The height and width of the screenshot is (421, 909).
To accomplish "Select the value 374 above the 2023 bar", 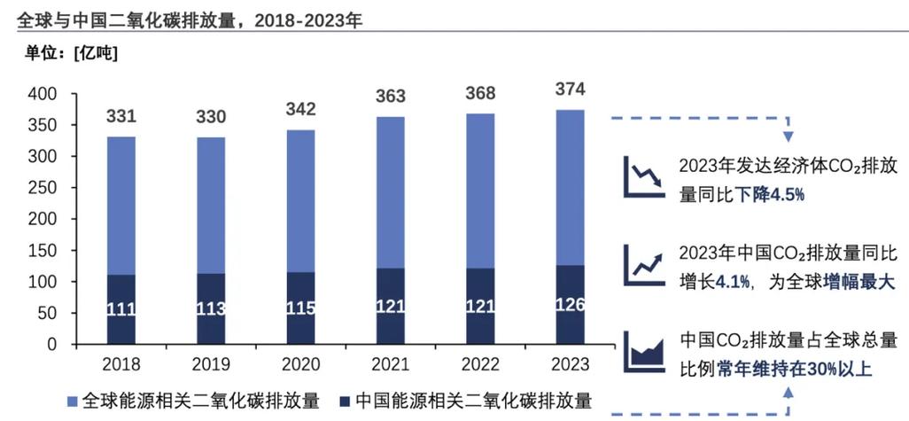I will tap(571, 90).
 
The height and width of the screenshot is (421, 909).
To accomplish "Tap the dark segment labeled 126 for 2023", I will tap(571, 305).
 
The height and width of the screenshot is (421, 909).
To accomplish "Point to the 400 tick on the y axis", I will tap(42, 94).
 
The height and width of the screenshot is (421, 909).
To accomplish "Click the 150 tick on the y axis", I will tap(42, 251).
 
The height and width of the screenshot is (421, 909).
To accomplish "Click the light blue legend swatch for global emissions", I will tap(74, 400).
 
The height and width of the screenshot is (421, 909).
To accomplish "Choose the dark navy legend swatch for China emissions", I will tap(345, 400).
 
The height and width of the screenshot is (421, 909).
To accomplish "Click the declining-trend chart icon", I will tap(643, 174).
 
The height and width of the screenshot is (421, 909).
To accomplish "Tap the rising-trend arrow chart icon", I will tap(643, 261).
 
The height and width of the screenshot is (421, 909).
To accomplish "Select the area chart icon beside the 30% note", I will tap(643, 352).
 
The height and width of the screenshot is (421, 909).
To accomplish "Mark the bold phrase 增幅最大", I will tap(859, 283).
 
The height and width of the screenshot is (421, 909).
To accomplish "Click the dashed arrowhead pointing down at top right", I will tap(787, 137).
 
